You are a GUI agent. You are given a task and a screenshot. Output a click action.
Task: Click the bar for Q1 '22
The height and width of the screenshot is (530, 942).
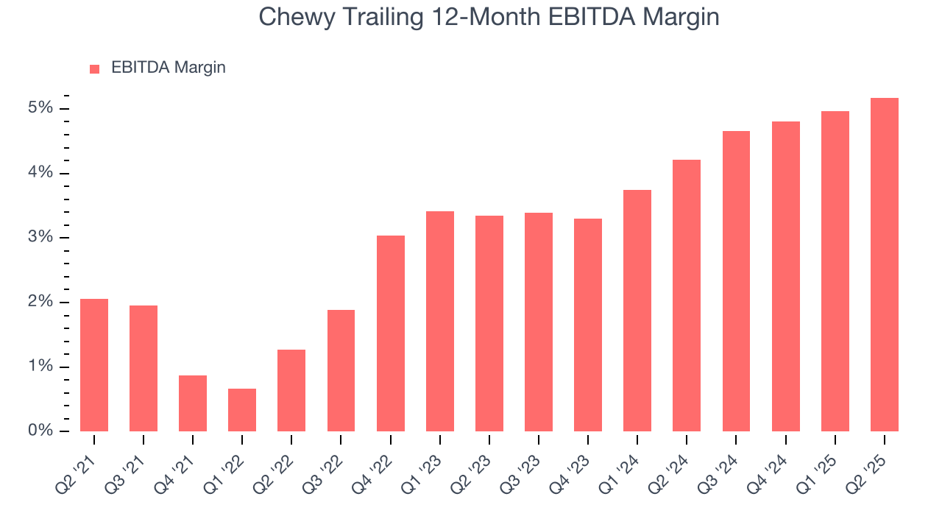point(242,410)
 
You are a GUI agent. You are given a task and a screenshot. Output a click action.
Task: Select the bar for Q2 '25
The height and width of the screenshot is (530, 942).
point(884,265)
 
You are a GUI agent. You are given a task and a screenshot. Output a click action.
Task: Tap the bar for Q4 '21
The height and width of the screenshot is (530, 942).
point(193,403)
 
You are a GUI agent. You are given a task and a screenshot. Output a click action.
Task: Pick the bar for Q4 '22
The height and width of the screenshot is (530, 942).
point(390,333)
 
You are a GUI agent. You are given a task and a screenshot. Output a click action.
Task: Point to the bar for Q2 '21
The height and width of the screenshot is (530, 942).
point(94,365)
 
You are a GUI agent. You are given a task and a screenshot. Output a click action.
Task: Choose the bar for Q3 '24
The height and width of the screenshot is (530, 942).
point(736,281)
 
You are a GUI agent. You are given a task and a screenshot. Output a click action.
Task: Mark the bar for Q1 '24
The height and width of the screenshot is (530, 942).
point(637,311)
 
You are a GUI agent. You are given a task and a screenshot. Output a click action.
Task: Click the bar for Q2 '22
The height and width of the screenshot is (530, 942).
point(291,390)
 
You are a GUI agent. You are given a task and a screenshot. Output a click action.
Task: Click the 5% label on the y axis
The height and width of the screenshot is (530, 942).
point(40,108)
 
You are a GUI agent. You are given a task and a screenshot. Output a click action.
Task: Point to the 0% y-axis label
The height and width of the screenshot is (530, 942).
point(40,431)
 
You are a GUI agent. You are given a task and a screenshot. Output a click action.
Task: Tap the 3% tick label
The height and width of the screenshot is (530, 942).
point(40,237)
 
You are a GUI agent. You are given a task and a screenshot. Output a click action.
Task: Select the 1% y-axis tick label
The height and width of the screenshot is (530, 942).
point(40,367)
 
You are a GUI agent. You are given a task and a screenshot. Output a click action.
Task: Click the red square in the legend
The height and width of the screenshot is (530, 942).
point(94,68)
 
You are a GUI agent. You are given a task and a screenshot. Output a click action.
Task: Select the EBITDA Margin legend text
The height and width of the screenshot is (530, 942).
point(168,68)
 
